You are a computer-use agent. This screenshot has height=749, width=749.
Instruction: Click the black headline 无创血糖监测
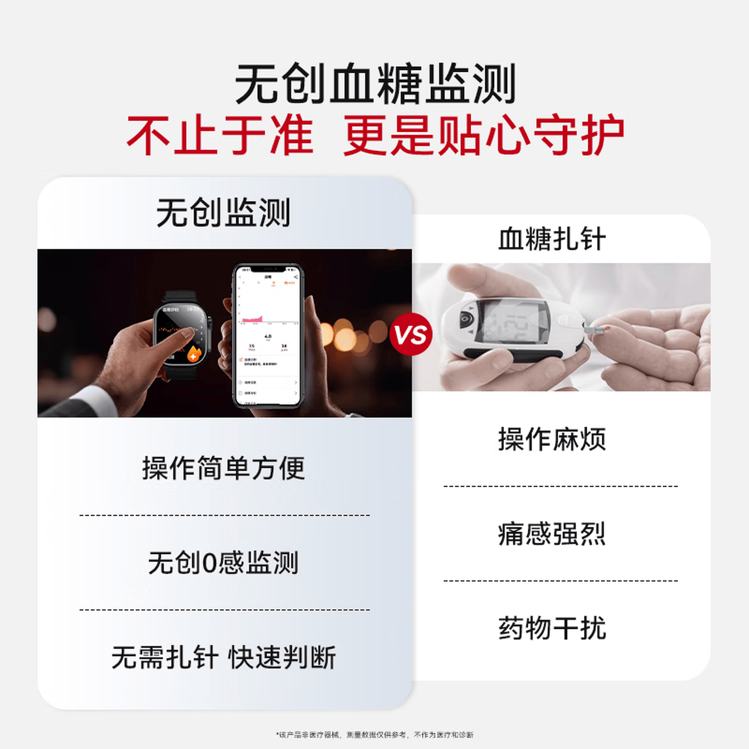pyautogui.click(x=374, y=83)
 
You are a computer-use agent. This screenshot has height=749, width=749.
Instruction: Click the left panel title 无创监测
pyautogui.click(x=223, y=213)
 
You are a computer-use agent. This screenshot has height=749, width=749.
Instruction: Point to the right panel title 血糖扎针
pyautogui.click(x=552, y=239)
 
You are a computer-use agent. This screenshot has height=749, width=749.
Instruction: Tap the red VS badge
pyautogui.click(x=411, y=334)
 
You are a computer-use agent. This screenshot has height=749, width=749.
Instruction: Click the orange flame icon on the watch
pyautogui.click(x=194, y=354)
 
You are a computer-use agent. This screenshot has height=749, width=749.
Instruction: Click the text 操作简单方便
pyautogui.click(x=223, y=468)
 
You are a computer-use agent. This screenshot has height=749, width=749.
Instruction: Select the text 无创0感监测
pyautogui.click(x=223, y=563)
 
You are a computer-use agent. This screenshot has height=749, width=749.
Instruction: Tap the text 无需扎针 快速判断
pyautogui.click(x=223, y=657)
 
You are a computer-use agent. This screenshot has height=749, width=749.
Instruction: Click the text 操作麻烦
pyautogui.click(x=552, y=439)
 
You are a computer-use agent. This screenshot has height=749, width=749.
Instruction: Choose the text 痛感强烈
pyautogui.click(x=552, y=534)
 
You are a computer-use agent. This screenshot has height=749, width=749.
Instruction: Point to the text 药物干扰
pyautogui.click(x=552, y=628)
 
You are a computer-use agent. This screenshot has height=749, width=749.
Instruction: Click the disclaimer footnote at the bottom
pyautogui.click(x=374, y=734)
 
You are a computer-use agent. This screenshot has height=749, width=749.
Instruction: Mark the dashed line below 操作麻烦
pyautogui.click(x=560, y=486)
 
